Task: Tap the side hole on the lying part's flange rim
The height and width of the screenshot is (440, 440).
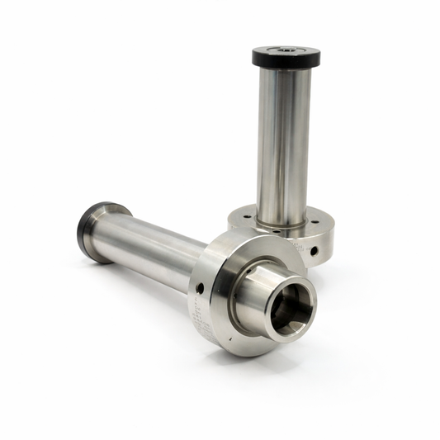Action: [x=198, y=287]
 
